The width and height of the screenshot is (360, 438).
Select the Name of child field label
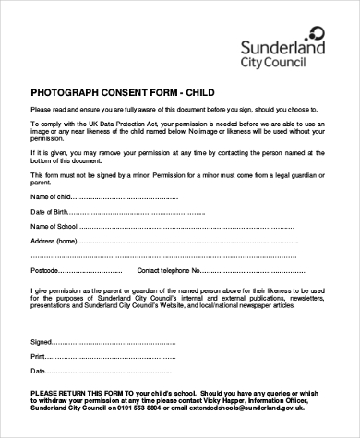(50, 196)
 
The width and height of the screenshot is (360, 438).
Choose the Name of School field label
(54, 226)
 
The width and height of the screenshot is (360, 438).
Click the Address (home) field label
(54, 241)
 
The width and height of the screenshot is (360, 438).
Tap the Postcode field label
(46, 270)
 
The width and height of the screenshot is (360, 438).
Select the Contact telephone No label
(175, 270)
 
